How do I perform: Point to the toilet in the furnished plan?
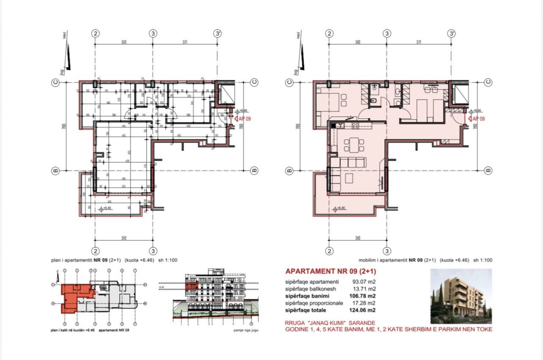pos(374,101)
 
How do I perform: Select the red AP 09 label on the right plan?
pos(478,119)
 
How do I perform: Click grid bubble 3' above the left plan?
pos(218,34)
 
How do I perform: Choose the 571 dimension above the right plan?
pos(419,42)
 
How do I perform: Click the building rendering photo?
pos(461,293)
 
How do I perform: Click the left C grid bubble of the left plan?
pos(55,82)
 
